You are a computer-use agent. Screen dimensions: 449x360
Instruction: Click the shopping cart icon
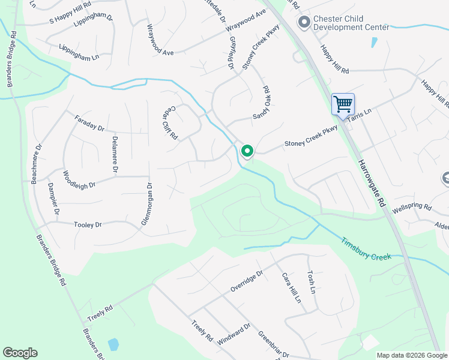[x=343, y=104]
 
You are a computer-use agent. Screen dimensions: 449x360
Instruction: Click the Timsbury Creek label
[x=366, y=248]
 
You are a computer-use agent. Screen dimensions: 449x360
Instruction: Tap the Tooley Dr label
[x=88, y=224]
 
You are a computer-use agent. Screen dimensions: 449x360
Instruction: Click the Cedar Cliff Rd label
[x=170, y=124]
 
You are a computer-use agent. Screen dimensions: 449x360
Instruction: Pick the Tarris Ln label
[x=359, y=116]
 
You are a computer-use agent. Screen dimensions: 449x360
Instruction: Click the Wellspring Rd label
[x=412, y=209]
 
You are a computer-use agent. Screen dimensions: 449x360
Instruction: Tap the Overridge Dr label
[x=247, y=281]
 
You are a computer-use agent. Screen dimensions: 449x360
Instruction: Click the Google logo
[x=20, y=353]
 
